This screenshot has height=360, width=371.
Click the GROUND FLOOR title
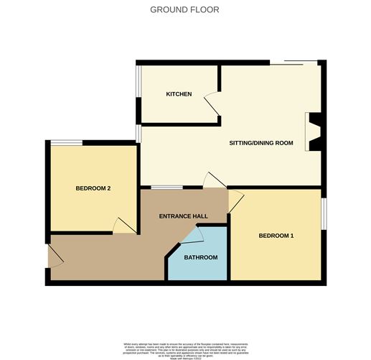[x=185, y=10]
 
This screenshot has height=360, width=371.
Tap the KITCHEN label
[x=179, y=94]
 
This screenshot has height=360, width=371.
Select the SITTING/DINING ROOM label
[x=261, y=143]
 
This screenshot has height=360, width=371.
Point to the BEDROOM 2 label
[x=93, y=189]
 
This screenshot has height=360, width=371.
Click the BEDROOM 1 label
[x=276, y=236]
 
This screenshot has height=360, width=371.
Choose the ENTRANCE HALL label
[x=183, y=216]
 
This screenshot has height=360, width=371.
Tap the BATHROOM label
[x=200, y=257]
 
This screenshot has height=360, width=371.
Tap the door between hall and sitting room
[x=214, y=180]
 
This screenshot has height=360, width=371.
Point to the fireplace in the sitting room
[x=315, y=131]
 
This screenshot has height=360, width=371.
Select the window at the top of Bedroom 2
[x=70, y=142]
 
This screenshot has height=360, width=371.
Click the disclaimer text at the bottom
[x=185, y=349]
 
